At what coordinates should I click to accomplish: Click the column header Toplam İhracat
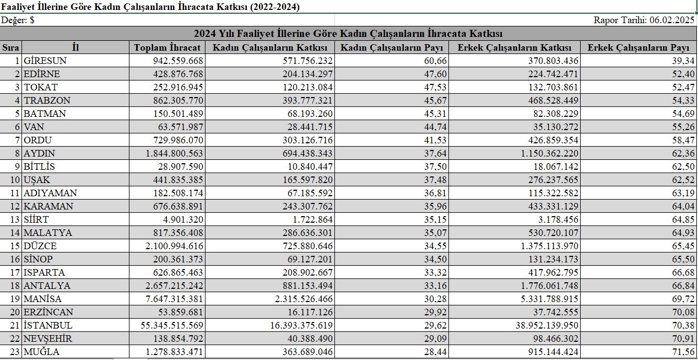click(167, 47)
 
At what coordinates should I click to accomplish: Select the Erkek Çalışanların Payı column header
click(638, 47)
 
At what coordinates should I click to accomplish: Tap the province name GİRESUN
click(45, 61)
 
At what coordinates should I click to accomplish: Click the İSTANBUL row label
click(48, 325)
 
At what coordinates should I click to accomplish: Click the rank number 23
click(15, 352)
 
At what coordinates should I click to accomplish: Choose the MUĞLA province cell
click(41, 352)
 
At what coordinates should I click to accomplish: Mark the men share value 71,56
click(683, 352)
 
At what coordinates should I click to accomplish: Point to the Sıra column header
click(11, 47)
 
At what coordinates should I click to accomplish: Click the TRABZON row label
click(47, 100)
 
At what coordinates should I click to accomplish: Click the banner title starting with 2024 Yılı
click(348, 34)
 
